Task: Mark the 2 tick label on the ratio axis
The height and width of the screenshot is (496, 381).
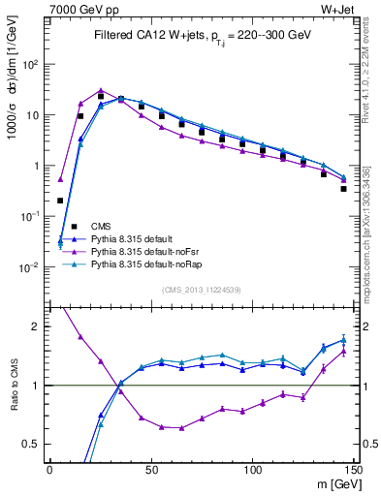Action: (x=36, y=326)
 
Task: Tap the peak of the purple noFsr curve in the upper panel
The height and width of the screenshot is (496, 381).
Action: (x=101, y=90)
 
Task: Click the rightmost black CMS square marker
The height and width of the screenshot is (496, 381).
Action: (x=344, y=189)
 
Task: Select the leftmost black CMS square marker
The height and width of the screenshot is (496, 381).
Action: (x=60, y=201)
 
